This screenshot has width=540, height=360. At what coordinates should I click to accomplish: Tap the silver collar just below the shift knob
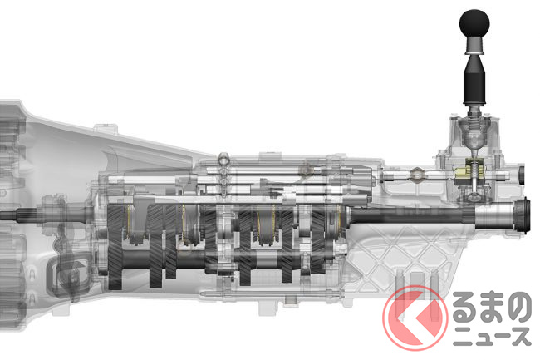coord(474,46)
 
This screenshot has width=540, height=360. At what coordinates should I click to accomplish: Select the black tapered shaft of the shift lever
coord(474,80)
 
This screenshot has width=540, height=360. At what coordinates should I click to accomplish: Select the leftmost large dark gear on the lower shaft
coord(115,247)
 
